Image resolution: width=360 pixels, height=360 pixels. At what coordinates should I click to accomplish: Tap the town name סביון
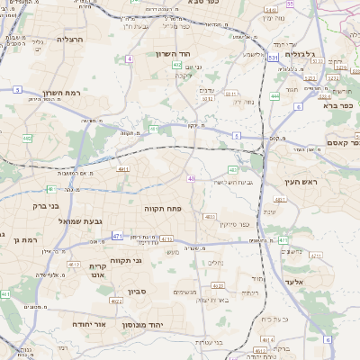[x=136, y=292]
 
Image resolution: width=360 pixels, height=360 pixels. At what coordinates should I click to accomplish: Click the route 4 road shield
[x=130, y=58]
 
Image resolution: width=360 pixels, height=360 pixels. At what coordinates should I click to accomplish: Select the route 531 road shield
[x=271, y=58]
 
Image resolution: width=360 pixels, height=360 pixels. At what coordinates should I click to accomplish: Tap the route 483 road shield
[x=233, y=169]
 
